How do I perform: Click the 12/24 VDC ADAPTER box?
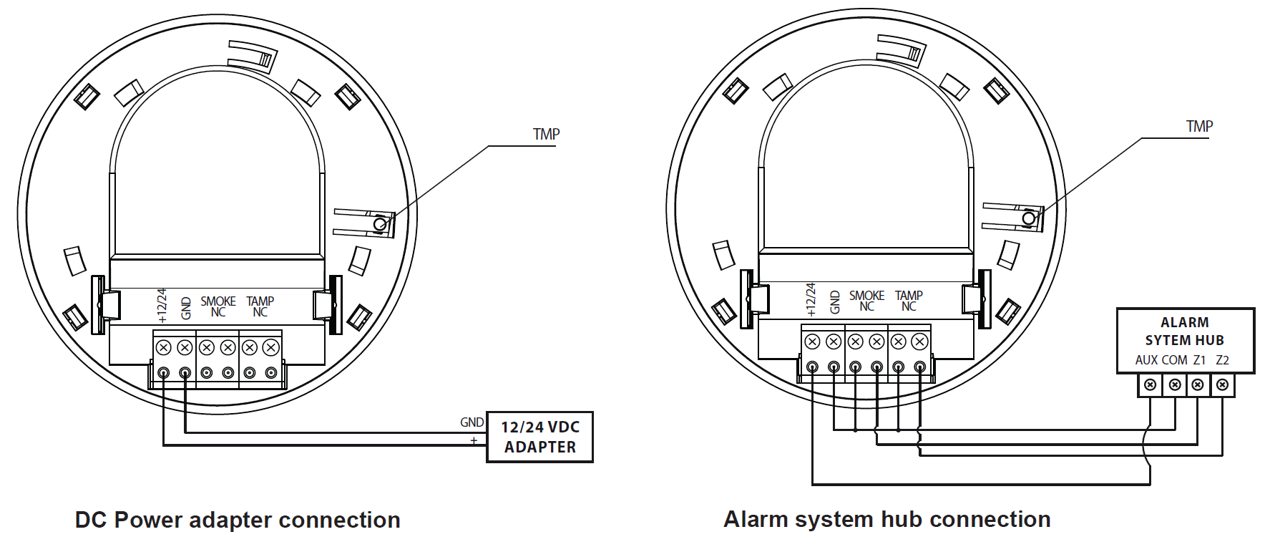[x=539, y=437]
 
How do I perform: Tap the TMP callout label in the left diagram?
[x=546, y=134]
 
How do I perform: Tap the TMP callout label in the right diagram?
[x=1199, y=126]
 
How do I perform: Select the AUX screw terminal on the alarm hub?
[x=1150, y=384]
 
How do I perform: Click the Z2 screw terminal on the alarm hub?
[x=1223, y=384]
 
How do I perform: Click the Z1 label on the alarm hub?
[x=1199, y=360]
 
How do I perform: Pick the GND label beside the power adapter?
[x=472, y=422]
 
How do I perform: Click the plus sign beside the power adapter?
[x=474, y=440]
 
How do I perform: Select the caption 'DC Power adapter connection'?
[x=238, y=520]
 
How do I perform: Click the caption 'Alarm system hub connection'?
[x=886, y=519]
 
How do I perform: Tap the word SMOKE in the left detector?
[x=218, y=301]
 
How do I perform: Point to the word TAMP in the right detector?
[x=909, y=295]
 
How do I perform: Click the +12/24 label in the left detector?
[x=162, y=306]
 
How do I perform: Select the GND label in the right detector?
[x=835, y=302]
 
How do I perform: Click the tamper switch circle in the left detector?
[x=381, y=224]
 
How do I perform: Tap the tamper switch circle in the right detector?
[x=1029, y=218]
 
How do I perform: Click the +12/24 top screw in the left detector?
[x=163, y=348]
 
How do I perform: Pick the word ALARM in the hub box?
[x=1185, y=322]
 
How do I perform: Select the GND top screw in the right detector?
[x=834, y=342]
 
